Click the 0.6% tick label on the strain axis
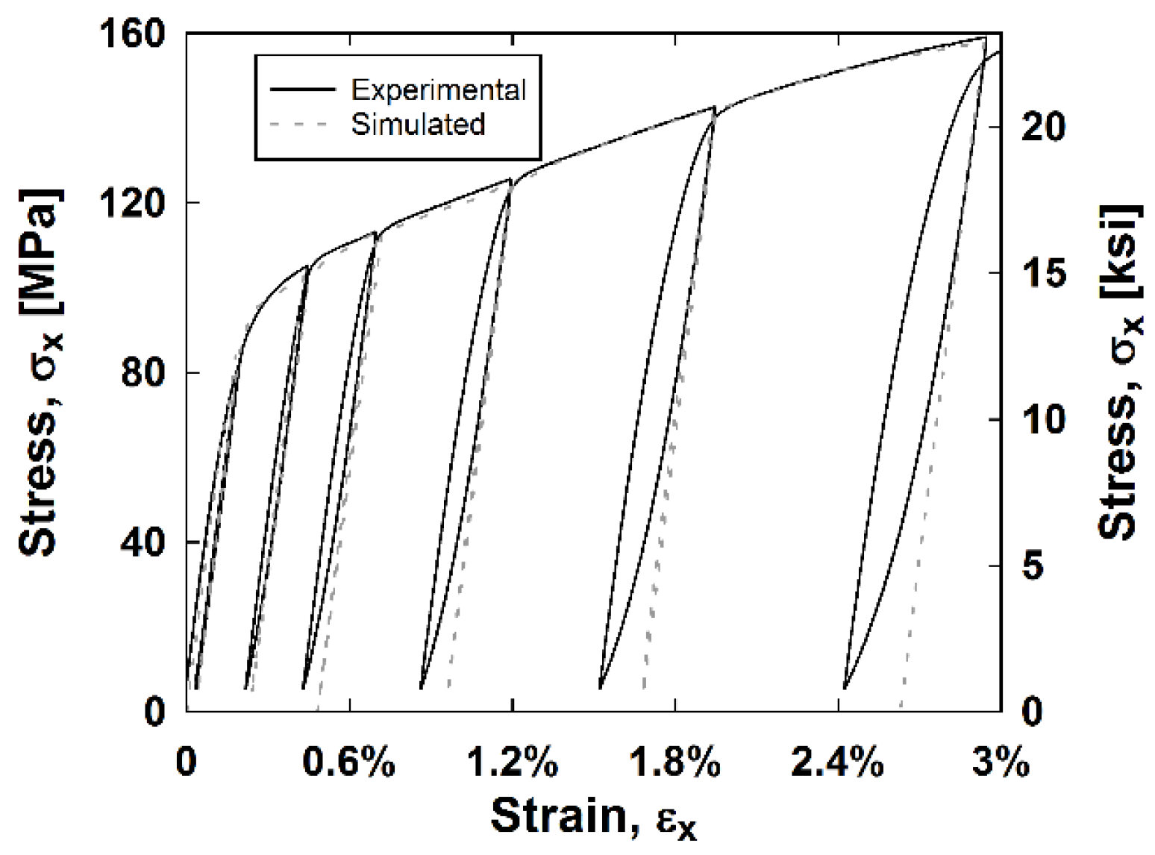pos(348,762)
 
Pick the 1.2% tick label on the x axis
pos(512,762)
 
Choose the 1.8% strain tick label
pos(674,762)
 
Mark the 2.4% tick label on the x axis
pos(837,762)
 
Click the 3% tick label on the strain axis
pos(1000,762)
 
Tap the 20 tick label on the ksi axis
pos(1043,127)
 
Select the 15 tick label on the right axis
pos(1043,273)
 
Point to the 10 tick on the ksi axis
pos(1043,419)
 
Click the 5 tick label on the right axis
pos(1033,566)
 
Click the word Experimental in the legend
pos(439,90)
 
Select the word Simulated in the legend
pos(418,124)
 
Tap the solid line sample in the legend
pos(302,90)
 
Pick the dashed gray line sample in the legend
pos(298,124)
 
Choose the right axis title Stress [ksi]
pos(1119,372)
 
